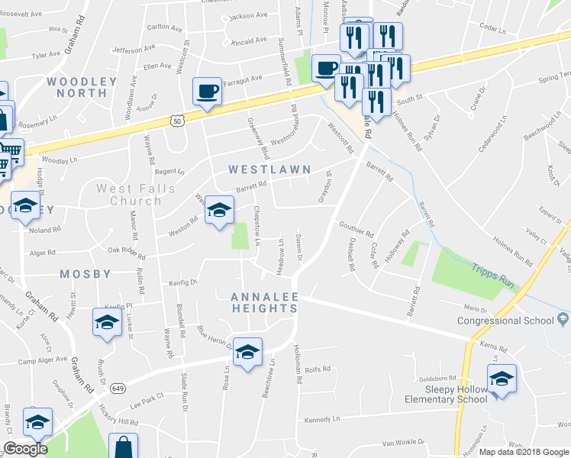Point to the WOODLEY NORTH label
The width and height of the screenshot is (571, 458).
76,86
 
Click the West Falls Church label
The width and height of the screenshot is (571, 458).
129,195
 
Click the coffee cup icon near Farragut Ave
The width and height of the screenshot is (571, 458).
207,92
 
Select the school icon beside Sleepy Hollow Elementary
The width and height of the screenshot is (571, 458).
502,379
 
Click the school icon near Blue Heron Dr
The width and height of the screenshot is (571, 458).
247,353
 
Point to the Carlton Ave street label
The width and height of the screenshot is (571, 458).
165,27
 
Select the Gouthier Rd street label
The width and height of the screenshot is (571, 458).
356,228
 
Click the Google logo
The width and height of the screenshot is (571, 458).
25,449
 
